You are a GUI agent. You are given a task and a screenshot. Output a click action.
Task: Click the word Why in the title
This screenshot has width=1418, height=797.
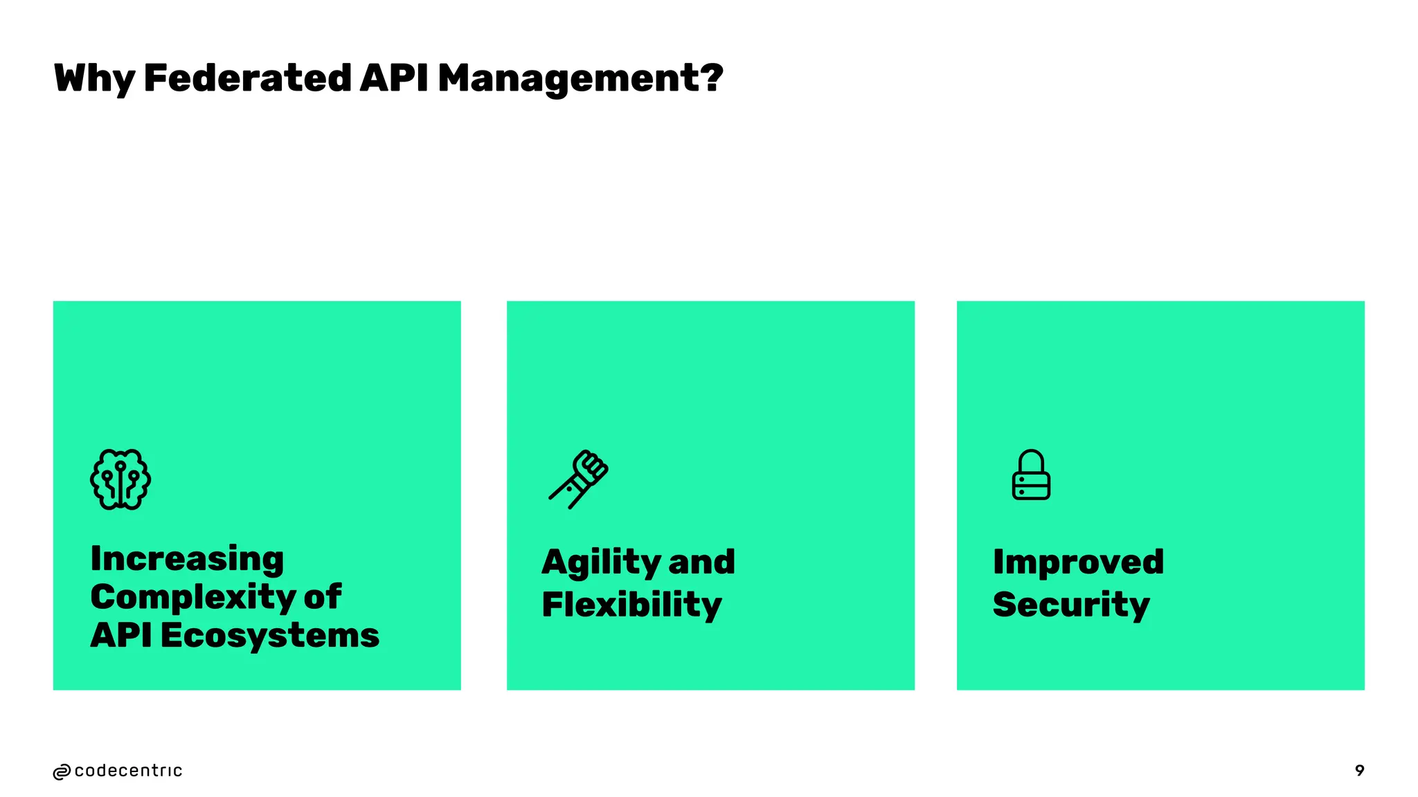point(94,78)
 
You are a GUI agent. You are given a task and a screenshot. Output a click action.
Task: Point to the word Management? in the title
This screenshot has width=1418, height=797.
point(580,78)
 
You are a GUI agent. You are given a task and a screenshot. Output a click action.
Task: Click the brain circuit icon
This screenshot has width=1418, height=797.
point(120,479)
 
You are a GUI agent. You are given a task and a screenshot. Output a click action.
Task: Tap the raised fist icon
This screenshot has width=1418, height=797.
point(579,479)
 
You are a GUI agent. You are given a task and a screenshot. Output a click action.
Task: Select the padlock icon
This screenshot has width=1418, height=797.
point(1031,475)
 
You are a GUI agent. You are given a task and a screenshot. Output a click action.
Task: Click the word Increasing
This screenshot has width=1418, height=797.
point(187,559)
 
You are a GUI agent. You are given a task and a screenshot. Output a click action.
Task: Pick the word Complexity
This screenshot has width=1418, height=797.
point(192,598)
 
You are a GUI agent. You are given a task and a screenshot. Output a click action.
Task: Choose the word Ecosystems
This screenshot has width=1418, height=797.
point(270,635)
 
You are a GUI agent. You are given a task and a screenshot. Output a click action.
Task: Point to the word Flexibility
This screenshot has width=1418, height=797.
point(631,605)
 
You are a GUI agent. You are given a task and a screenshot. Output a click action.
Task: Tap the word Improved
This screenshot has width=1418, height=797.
point(1078,562)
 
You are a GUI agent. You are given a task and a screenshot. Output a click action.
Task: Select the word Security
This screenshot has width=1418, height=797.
point(1071,605)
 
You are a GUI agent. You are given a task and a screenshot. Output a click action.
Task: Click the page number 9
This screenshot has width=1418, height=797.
point(1359,771)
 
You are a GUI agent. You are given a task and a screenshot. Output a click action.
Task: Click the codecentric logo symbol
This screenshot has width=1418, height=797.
point(62,772)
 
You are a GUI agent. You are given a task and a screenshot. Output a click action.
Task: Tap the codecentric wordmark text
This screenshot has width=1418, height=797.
point(128,771)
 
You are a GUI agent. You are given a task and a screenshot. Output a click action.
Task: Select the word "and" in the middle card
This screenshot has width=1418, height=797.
point(701,562)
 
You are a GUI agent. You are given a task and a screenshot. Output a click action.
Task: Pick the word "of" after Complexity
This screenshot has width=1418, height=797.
point(323,597)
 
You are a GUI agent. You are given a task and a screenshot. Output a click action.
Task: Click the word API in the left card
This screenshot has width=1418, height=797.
point(120,635)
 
